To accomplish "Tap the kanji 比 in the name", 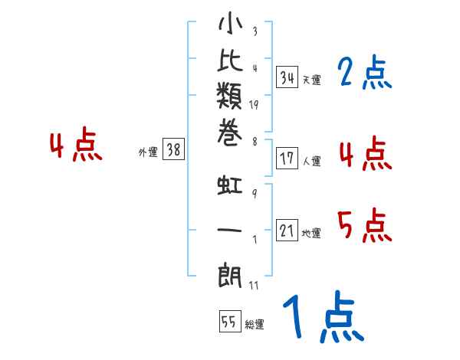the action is click(230, 64).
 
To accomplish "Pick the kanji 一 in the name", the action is click(230, 229).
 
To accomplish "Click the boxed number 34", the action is click(287, 77).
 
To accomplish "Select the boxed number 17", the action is click(287, 159).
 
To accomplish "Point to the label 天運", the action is click(311, 80).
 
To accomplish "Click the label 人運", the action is click(311, 162).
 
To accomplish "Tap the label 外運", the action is click(147, 152).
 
